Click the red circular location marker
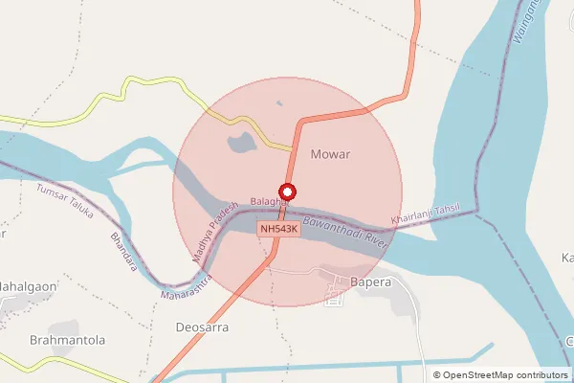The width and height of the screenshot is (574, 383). click(x=286, y=190)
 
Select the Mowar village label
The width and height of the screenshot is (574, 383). click(x=331, y=153)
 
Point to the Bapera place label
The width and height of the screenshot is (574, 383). click(x=371, y=282)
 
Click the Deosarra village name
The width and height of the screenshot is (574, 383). click(x=203, y=327)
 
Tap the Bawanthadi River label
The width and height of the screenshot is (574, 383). click(x=343, y=232)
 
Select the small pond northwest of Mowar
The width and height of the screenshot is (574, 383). click(x=240, y=145)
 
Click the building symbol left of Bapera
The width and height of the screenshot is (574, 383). click(x=334, y=297)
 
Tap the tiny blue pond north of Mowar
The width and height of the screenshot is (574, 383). click(x=278, y=102)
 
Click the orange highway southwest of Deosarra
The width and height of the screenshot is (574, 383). click(x=172, y=359)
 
